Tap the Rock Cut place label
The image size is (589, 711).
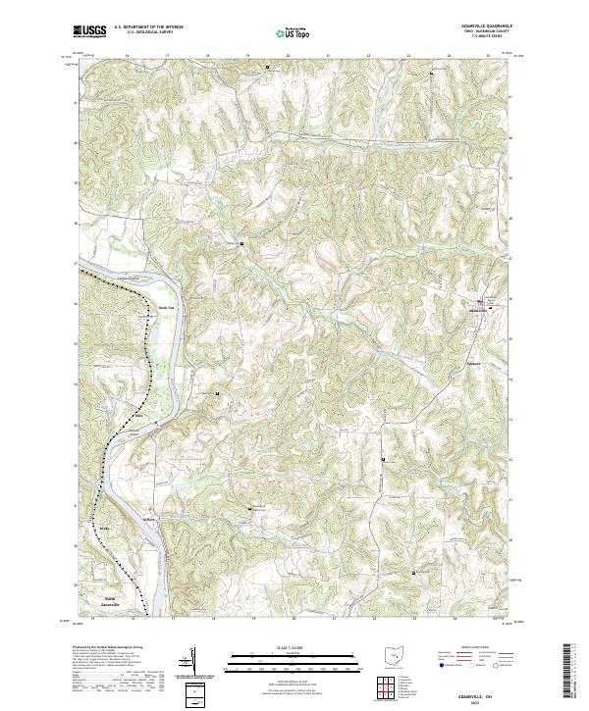[165, 306]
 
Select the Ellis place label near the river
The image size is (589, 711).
[138, 415]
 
